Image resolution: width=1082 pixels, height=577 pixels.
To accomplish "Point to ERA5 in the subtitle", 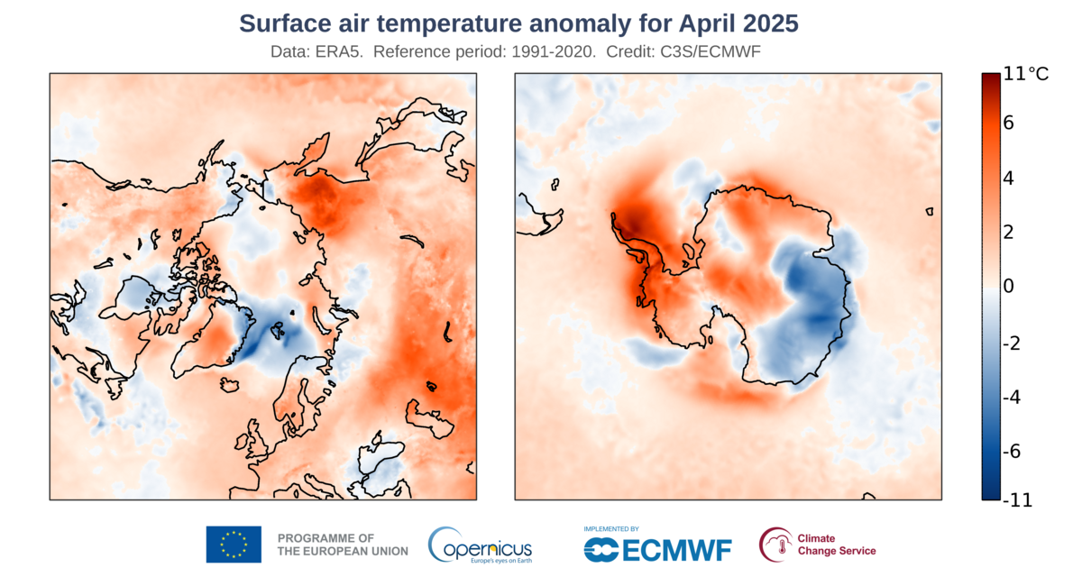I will pyautogui.click(x=342, y=52).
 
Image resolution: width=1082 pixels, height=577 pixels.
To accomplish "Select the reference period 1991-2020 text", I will pyautogui.click(x=550, y=52).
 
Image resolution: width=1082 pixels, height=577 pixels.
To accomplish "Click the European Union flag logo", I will pyautogui.click(x=234, y=544).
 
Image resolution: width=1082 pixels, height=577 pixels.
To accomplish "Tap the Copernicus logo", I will pyautogui.click(x=480, y=545).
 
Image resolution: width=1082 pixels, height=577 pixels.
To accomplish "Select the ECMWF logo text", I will pyautogui.click(x=657, y=547).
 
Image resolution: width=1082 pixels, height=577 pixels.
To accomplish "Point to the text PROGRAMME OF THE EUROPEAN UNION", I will pyautogui.click(x=343, y=544).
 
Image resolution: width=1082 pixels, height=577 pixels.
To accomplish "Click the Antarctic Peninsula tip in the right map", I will pyautogui.click(x=614, y=216).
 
